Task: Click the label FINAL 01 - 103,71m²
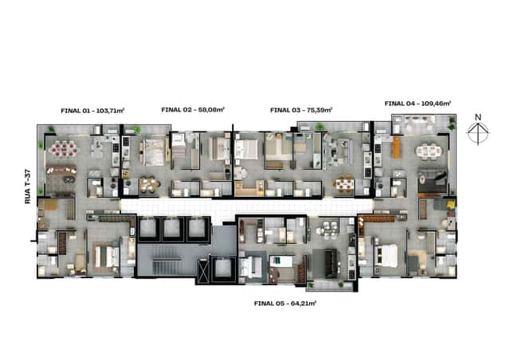92,111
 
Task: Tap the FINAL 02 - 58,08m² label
193,110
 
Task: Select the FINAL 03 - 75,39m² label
301,110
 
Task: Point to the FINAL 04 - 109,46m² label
418,104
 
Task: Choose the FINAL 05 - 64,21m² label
285,304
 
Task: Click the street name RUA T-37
28,186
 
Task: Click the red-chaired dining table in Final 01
64,150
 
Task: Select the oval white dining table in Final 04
429,151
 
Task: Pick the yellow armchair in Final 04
451,204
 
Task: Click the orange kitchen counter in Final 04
396,147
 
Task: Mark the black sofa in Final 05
331,263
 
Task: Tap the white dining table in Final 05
328,230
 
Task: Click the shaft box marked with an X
202,271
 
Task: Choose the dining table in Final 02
150,184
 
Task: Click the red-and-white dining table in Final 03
343,184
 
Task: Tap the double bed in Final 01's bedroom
107,257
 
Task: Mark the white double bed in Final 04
386,255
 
